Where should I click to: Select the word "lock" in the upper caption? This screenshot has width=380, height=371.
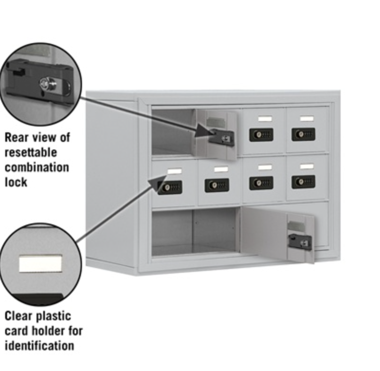click(16, 182)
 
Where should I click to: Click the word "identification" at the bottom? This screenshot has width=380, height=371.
click(39, 345)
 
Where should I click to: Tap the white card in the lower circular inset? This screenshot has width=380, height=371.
click(40, 263)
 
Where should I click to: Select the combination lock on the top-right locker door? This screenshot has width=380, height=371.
click(303, 134)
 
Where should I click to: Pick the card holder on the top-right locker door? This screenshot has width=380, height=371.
click(307, 119)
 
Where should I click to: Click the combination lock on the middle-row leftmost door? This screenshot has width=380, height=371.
click(170, 187)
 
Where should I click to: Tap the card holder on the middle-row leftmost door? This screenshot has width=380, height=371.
click(174, 171)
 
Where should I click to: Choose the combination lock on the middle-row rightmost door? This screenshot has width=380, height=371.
click(303, 182)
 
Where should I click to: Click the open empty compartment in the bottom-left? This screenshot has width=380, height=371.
click(194, 232)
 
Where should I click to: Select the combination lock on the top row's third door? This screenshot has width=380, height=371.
click(261, 135)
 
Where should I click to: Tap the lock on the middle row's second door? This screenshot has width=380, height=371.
click(217, 185)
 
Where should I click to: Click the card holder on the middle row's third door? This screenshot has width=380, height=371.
click(265, 167)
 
